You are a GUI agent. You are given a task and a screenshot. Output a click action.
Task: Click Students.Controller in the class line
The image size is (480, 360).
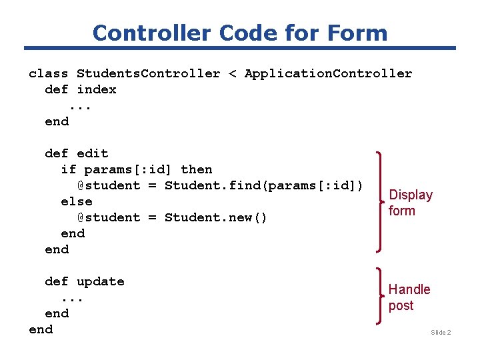pyautogui.click(x=148, y=73)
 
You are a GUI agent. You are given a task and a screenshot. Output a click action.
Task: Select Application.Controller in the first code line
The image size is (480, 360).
pyautogui.click(x=328, y=73)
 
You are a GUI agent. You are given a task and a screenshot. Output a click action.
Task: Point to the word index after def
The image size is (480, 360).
pyautogui.click(x=97, y=89)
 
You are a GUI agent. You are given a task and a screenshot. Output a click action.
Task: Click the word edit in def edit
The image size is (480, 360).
pyautogui.click(x=93, y=153)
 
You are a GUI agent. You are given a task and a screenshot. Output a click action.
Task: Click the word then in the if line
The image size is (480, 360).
pyautogui.click(x=197, y=169)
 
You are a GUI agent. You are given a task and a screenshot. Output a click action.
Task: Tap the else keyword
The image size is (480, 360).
pyautogui.click(x=77, y=201)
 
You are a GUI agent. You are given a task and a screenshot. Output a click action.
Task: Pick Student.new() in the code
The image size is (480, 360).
pyautogui.click(x=216, y=217)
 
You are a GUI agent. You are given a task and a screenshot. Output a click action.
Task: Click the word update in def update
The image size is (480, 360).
pyautogui.click(x=101, y=281)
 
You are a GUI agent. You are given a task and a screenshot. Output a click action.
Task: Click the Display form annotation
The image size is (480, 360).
pyautogui.click(x=411, y=203)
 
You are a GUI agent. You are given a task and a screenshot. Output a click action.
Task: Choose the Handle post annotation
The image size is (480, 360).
pyautogui.click(x=409, y=297)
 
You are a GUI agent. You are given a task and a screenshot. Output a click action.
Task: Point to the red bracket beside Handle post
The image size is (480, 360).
pyautogui.click(x=381, y=297)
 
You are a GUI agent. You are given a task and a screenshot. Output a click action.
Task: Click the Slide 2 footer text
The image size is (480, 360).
pyautogui.click(x=441, y=332)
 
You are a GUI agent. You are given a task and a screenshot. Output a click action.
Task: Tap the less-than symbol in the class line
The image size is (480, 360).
pyautogui.click(x=233, y=73)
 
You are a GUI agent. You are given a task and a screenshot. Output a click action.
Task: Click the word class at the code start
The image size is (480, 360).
pyautogui.click(x=49, y=73)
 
